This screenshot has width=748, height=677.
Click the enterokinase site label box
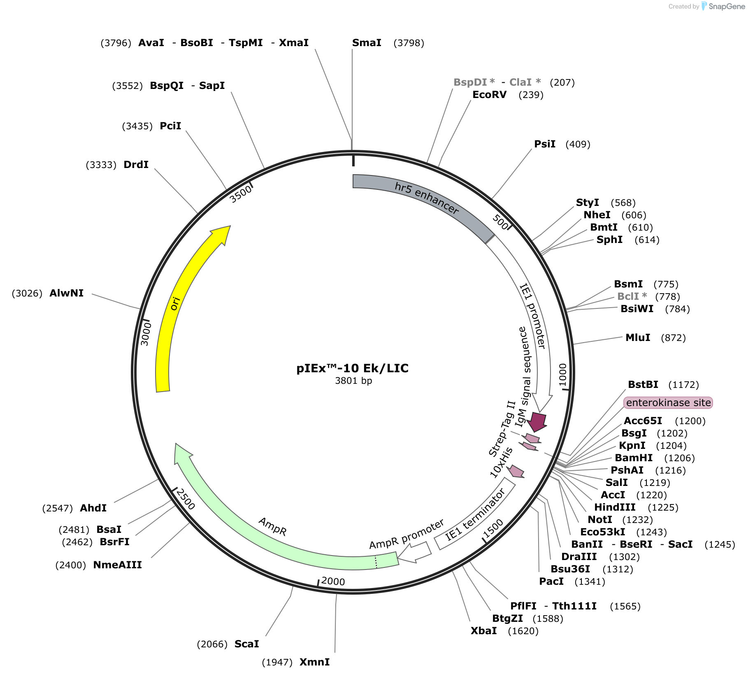pyautogui.click(x=668, y=403)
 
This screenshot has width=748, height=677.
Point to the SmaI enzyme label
pyautogui.click(x=367, y=43)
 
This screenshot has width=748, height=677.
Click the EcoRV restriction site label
pyautogui.click(x=489, y=95)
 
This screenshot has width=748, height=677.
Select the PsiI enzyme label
pyautogui.click(x=545, y=144)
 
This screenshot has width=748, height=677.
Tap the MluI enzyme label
pyautogui.click(x=638, y=338)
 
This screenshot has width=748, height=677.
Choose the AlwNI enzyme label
pyautogui.click(x=66, y=293)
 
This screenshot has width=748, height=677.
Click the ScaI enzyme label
pyautogui.click(x=247, y=644)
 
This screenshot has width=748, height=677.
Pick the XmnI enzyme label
pyautogui.click(x=314, y=662)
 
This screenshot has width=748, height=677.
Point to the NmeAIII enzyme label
pyautogui.click(x=117, y=565)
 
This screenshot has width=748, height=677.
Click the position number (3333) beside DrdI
pyautogui.click(x=101, y=165)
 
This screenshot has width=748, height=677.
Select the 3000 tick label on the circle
pyautogui.click(x=146, y=334)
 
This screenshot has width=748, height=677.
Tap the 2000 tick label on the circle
pyautogui.click(x=333, y=581)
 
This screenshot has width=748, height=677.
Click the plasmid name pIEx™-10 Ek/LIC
pyautogui.click(x=353, y=368)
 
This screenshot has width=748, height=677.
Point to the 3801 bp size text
pyautogui.click(x=353, y=381)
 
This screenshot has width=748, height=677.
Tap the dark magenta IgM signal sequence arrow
pyautogui.click(x=537, y=421)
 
